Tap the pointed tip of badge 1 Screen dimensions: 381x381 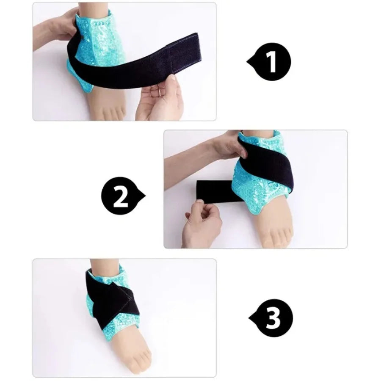[x=248, y=62]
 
